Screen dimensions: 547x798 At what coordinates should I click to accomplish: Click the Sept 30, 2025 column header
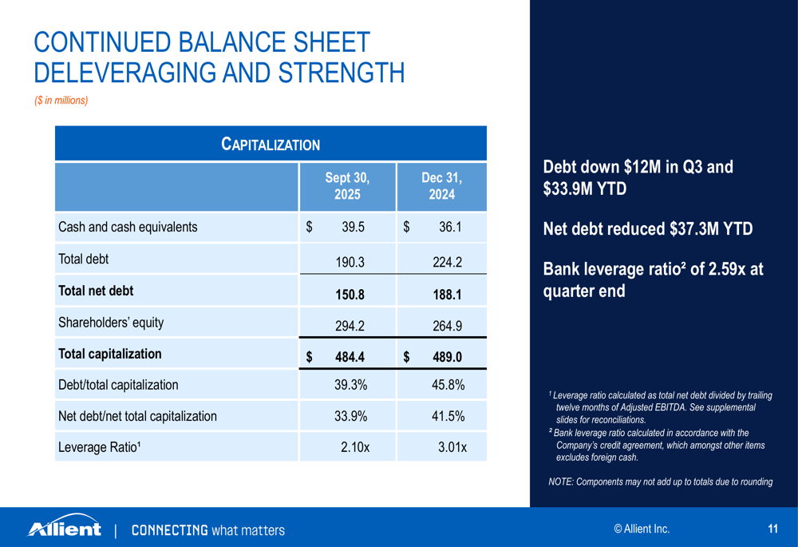347,185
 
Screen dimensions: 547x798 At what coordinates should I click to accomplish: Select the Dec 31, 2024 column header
441,185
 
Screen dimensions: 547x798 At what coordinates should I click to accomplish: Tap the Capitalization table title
271,145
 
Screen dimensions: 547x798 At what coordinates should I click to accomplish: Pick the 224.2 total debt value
447,261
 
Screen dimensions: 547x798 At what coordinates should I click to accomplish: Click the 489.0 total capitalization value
447,357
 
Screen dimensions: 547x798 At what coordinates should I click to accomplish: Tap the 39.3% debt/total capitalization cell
350,385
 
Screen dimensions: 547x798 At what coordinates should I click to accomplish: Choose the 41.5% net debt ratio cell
448,416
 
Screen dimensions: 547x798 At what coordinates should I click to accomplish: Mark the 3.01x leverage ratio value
452,447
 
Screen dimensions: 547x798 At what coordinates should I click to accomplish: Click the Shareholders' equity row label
111,323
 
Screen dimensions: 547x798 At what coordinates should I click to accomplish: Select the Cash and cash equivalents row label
128,227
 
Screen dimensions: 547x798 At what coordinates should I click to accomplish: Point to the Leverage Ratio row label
100,446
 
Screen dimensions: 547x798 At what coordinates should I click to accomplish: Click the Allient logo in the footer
65,528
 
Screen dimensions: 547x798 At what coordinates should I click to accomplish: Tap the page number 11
772,529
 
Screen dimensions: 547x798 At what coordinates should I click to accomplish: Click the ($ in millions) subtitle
61,101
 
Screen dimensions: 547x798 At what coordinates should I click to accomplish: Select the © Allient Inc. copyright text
642,529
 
